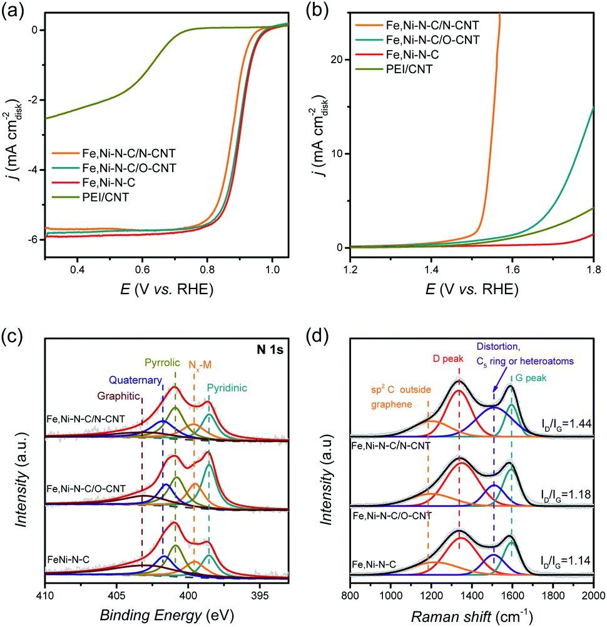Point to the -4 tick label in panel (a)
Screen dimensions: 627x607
(x=31, y=170)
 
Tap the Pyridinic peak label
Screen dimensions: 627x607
(x=227, y=388)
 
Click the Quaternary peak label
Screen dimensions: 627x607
(x=136, y=379)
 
